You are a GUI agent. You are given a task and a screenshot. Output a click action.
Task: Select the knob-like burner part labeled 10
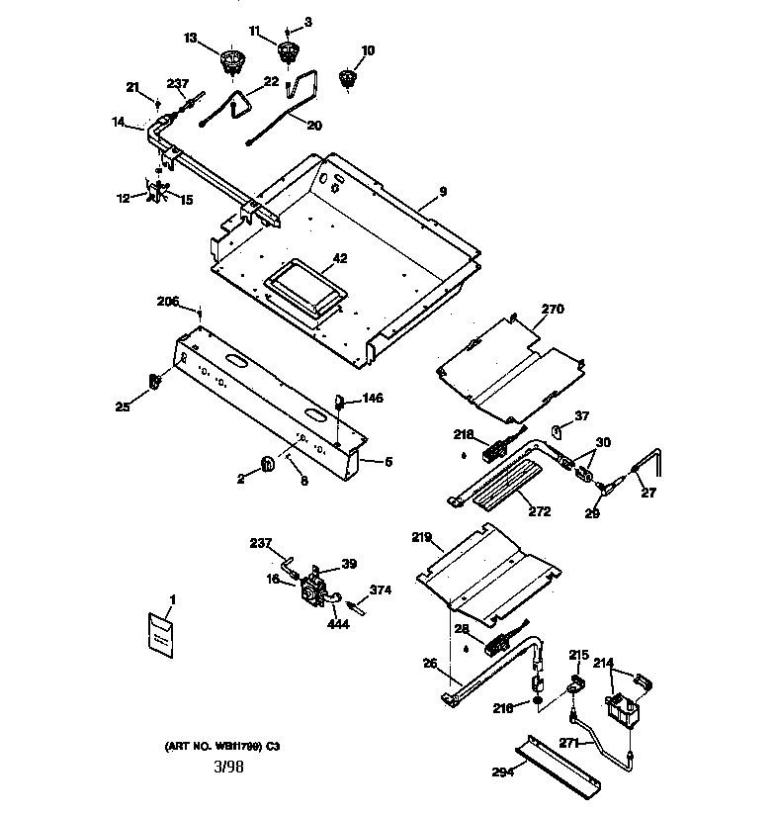pos(347,78)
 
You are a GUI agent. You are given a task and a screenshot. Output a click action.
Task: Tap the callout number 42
pos(339,258)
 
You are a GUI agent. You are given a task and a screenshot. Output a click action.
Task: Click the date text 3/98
pos(227,767)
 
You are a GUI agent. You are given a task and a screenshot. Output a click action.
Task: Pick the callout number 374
pos(381,589)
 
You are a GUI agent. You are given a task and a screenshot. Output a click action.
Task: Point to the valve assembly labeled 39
pos(314,589)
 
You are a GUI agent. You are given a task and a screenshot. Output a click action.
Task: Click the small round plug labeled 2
pos(267,462)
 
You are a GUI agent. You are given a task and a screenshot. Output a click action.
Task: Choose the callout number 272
pos(540,511)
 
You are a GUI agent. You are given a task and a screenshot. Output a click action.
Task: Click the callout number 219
pos(423,540)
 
